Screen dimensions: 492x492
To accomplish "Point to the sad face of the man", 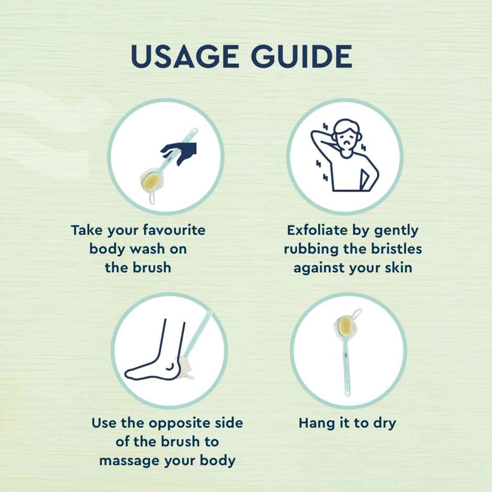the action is [346, 141].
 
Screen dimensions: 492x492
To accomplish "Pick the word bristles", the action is [396, 249].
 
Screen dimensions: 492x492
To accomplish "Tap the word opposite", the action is [179, 423].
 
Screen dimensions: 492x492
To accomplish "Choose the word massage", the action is [129, 461].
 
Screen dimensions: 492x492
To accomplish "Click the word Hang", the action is [317, 423].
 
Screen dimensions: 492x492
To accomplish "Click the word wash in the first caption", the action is [147, 249].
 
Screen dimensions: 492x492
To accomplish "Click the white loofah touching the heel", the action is [184, 368].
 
